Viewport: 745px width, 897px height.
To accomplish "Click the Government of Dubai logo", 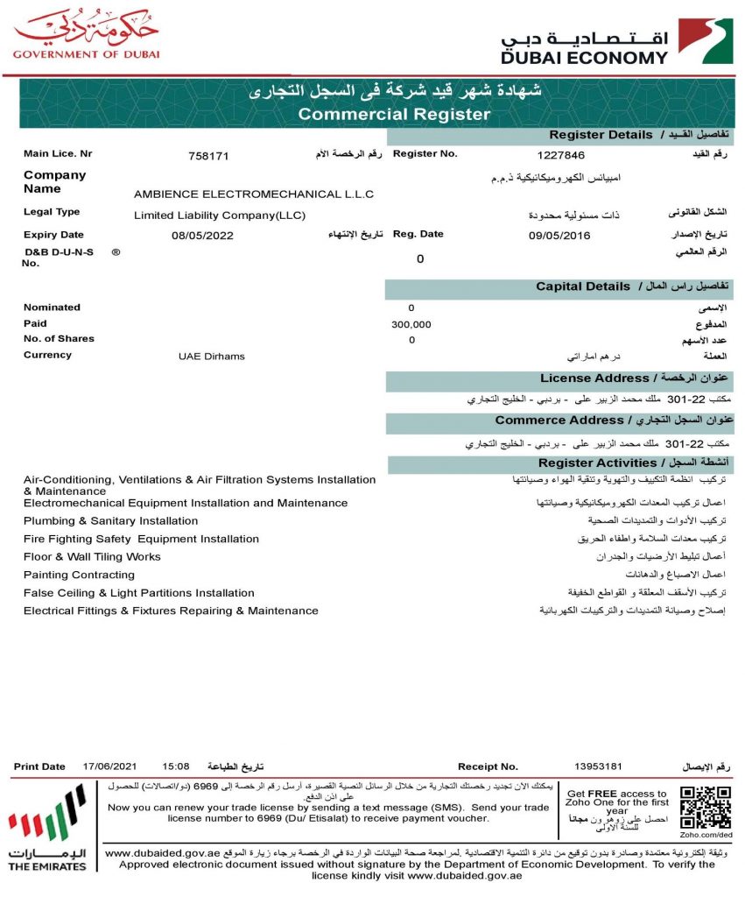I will pos(86,35).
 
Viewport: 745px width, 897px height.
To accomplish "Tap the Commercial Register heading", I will pos(394,114).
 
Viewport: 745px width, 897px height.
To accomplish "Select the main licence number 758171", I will pos(208,156).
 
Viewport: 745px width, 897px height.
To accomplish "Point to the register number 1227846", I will pos(561,155).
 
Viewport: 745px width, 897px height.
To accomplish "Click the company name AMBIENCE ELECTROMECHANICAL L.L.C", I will pos(254,194).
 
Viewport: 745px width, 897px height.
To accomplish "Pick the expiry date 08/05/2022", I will pos(202,236).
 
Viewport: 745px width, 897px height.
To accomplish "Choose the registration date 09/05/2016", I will pos(559,236).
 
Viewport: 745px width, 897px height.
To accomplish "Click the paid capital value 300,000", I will pos(411,324).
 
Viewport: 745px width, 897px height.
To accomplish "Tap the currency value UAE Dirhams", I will pos(212,357).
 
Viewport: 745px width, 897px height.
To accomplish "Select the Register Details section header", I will pos(601,135).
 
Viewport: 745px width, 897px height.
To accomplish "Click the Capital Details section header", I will pos(583,286).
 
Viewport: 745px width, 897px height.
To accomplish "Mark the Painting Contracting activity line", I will pos(80,575).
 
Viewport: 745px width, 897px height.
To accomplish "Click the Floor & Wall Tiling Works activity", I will pos(93,556).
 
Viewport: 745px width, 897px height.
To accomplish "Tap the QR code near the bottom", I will pos(706,808).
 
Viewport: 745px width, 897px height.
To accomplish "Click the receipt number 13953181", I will pos(598,766).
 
